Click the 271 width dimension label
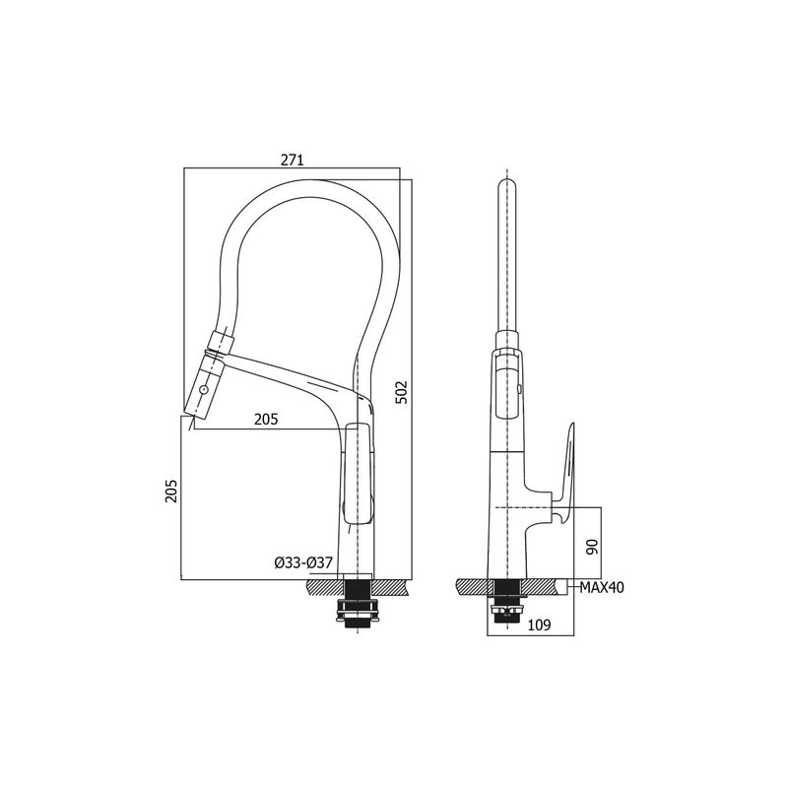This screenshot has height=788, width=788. coord(292,160)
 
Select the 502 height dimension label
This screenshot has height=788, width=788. coord(403,392)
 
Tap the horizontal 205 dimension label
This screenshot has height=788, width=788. coord(266,420)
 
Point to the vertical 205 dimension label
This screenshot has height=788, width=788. coord(171,491)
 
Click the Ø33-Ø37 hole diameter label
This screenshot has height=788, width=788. coord(303,562)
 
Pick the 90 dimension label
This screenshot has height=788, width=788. coord(593,547)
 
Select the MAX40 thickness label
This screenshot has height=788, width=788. coord(602,587)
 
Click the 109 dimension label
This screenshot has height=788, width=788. coord(540,624)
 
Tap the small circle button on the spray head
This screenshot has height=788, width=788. coord(204,389)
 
